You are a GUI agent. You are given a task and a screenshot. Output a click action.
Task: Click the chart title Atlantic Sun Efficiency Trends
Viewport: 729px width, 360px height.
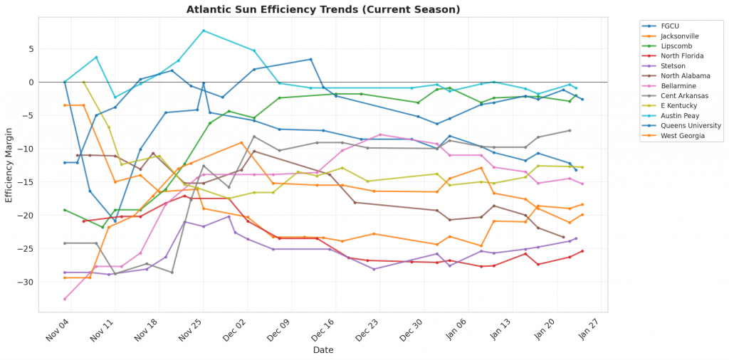[323, 9]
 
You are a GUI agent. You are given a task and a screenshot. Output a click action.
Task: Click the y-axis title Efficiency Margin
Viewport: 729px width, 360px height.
[9, 164]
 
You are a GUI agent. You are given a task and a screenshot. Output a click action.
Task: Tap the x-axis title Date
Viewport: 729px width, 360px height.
[323, 350]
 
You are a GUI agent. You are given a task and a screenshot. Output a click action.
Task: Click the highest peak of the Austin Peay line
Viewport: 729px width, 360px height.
[204, 31]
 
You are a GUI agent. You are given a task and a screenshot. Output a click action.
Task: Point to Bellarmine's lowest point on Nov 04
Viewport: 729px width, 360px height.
[65, 299]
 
